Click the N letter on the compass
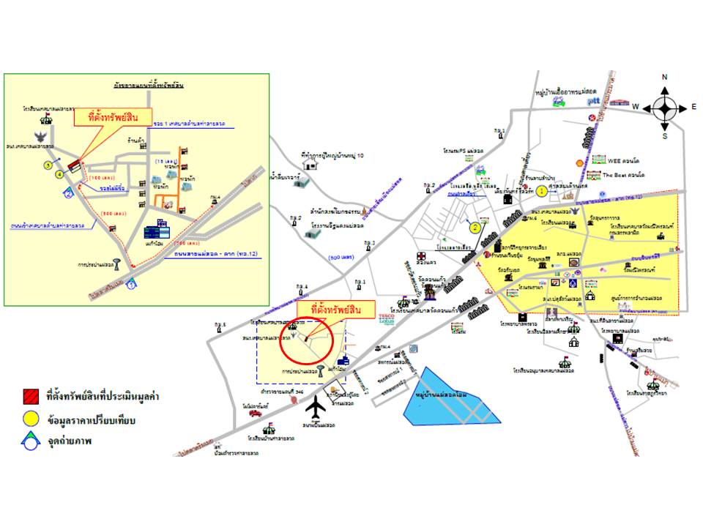[664, 78]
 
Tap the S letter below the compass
[664, 136]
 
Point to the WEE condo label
[623, 159]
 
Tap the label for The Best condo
[623, 175]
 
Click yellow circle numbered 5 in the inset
[48, 165]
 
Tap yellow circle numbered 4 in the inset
[59, 174]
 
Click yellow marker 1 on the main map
[541, 191]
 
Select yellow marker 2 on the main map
[475, 227]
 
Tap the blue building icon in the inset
[156, 231]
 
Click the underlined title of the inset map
[144, 85]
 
